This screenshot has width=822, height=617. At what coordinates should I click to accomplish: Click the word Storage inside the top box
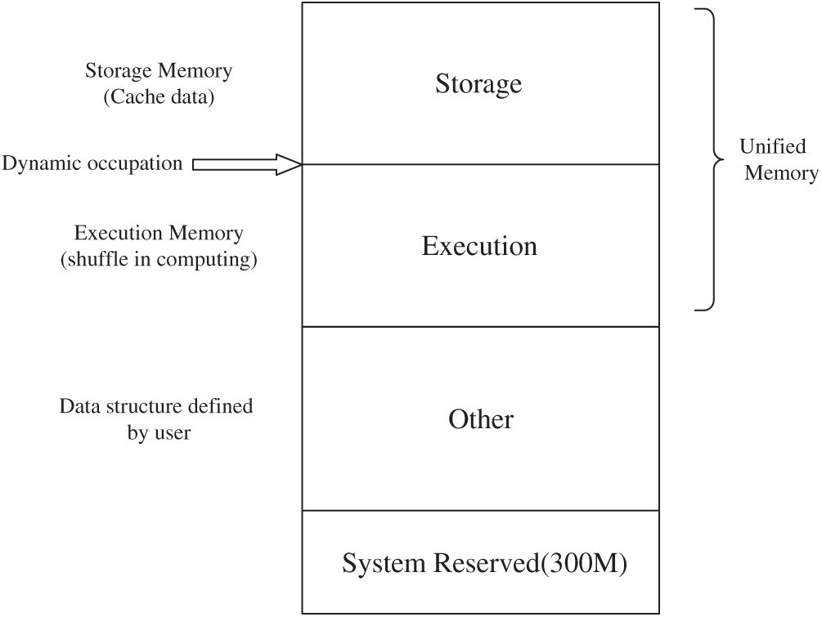[x=478, y=83]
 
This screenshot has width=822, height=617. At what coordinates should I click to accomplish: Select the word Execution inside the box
[x=479, y=246]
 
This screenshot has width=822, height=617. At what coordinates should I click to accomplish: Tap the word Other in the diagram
[x=481, y=419]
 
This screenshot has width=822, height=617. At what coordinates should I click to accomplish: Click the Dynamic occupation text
[x=92, y=163]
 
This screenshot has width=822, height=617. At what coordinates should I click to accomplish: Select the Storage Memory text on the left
[x=159, y=71]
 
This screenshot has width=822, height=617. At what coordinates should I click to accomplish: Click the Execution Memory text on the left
[x=159, y=233]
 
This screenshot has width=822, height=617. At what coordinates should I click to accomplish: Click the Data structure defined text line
[x=156, y=406]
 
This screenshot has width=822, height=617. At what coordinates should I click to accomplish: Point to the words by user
[x=159, y=433]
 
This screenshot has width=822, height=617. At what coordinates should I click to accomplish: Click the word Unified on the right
[x=772, y=147]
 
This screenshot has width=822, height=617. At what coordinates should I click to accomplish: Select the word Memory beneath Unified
[x=780, y=173]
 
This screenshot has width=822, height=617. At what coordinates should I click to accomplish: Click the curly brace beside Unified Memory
[x=710, y=159]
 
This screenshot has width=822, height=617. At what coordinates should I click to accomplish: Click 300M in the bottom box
[x=595, y=563]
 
